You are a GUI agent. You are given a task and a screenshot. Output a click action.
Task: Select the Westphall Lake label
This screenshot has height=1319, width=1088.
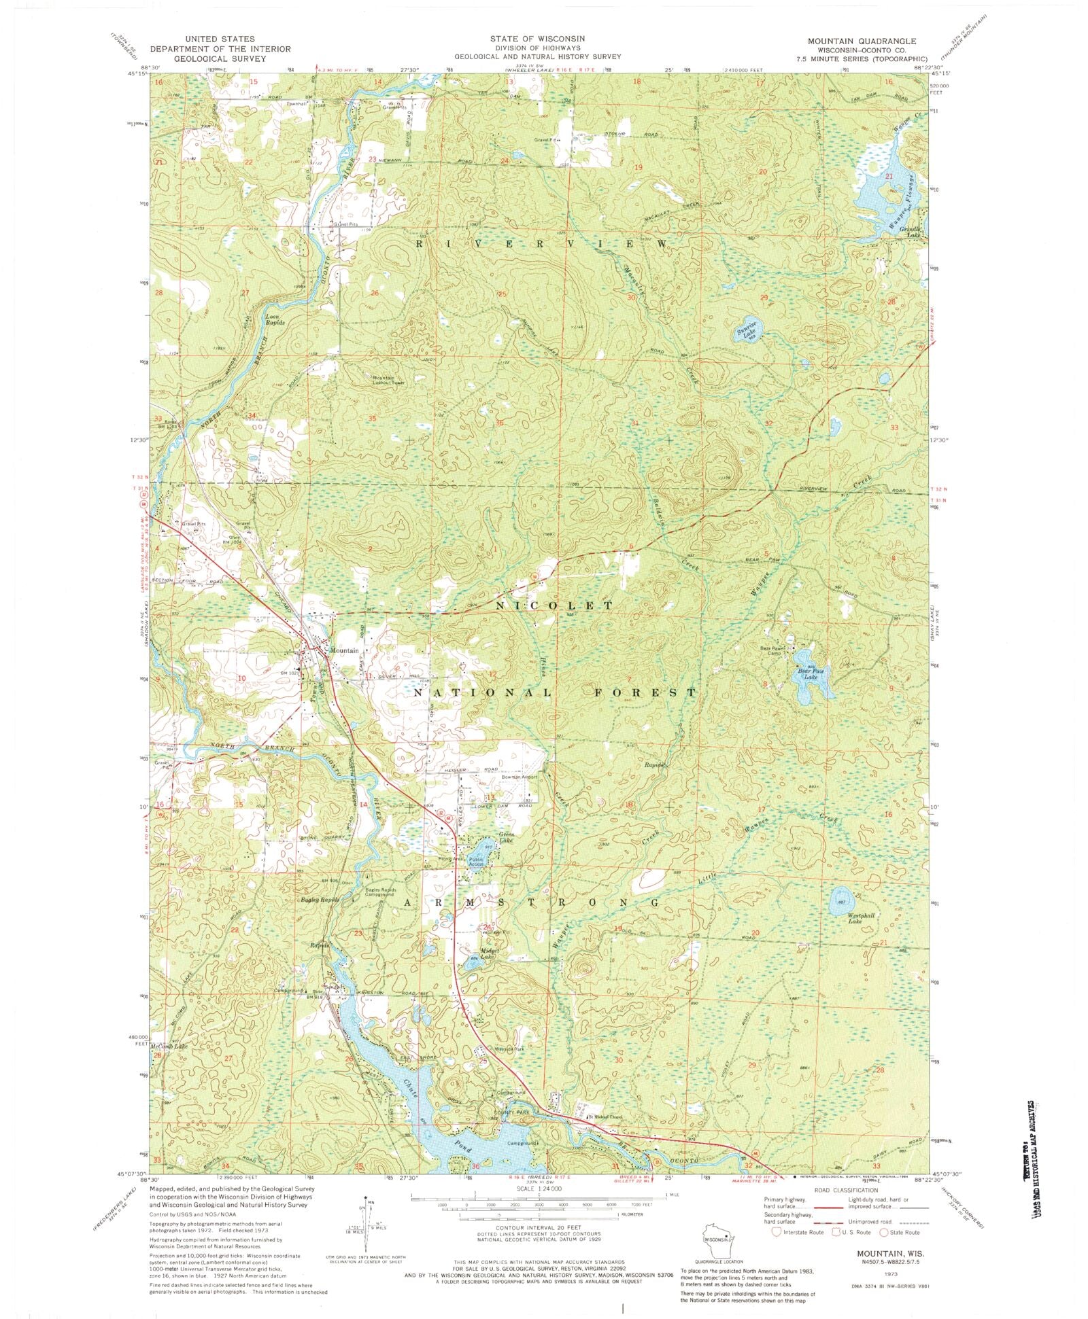pyautogui.click(x=860, y=918)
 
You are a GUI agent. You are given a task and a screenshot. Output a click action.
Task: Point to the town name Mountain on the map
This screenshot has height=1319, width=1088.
pyautogui.click(x=343, y=651)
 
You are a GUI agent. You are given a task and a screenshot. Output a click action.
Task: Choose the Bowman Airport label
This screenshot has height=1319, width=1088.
pyautogui.click(x=520, y=777)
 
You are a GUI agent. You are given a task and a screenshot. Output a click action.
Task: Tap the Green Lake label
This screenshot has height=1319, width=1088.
pyautogui.click(x=507, y=837)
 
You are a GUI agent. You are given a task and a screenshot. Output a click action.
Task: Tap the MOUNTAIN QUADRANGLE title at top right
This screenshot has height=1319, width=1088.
pyautogui.click(x=862, y=41)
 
